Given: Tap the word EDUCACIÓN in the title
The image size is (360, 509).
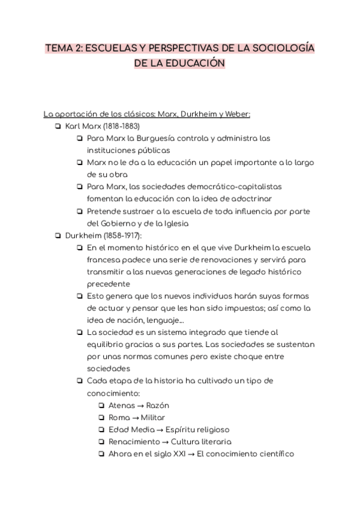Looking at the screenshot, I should point(192,63).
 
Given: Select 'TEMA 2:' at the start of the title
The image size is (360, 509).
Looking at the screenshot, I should point(64,48).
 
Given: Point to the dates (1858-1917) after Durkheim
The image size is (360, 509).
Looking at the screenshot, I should point(122,235).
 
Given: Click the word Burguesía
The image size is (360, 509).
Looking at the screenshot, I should point(163,138).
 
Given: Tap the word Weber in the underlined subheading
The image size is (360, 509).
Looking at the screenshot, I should point(236,114).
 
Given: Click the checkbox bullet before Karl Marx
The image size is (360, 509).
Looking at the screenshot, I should point(58,126).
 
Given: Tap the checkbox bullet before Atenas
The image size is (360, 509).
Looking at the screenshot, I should point(101,405).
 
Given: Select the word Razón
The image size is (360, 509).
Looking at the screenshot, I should point(157,405).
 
